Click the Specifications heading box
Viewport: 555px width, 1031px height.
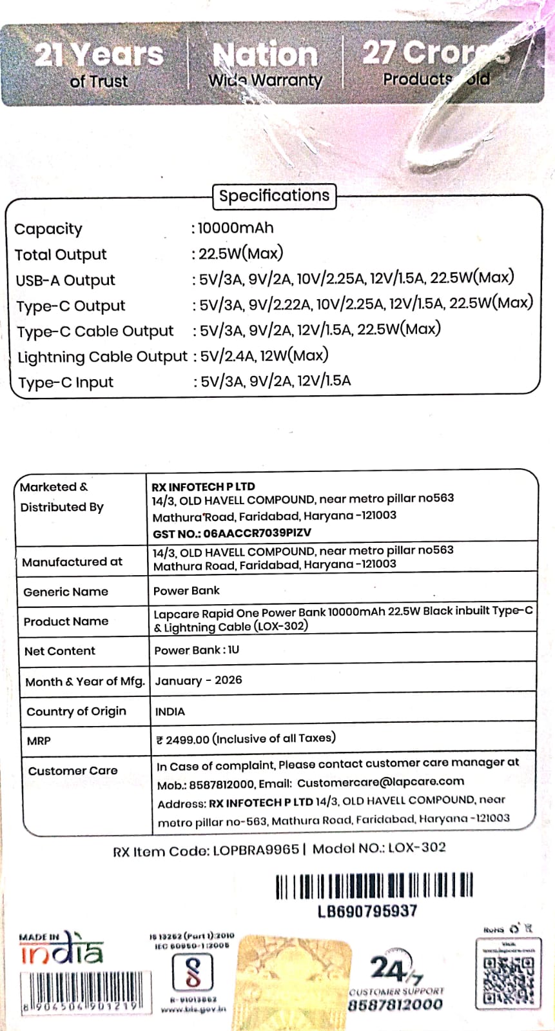[274, 195]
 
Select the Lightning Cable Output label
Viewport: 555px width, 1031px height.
[102, 357]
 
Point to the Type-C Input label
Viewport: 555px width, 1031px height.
[66, 382]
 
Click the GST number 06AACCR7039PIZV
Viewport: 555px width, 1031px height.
[257, 533]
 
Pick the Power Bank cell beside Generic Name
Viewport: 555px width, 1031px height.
[186, 591]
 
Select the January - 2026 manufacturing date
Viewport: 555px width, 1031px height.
[199, 680]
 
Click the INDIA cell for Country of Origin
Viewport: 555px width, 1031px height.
[170, 711]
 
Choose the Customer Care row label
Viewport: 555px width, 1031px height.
[73, 771]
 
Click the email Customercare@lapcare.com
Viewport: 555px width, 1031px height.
[380, 782]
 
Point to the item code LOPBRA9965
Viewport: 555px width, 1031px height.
[255, 850]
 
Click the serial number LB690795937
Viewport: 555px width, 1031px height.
[367, 911]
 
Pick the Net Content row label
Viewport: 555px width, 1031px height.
[60, 651]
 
